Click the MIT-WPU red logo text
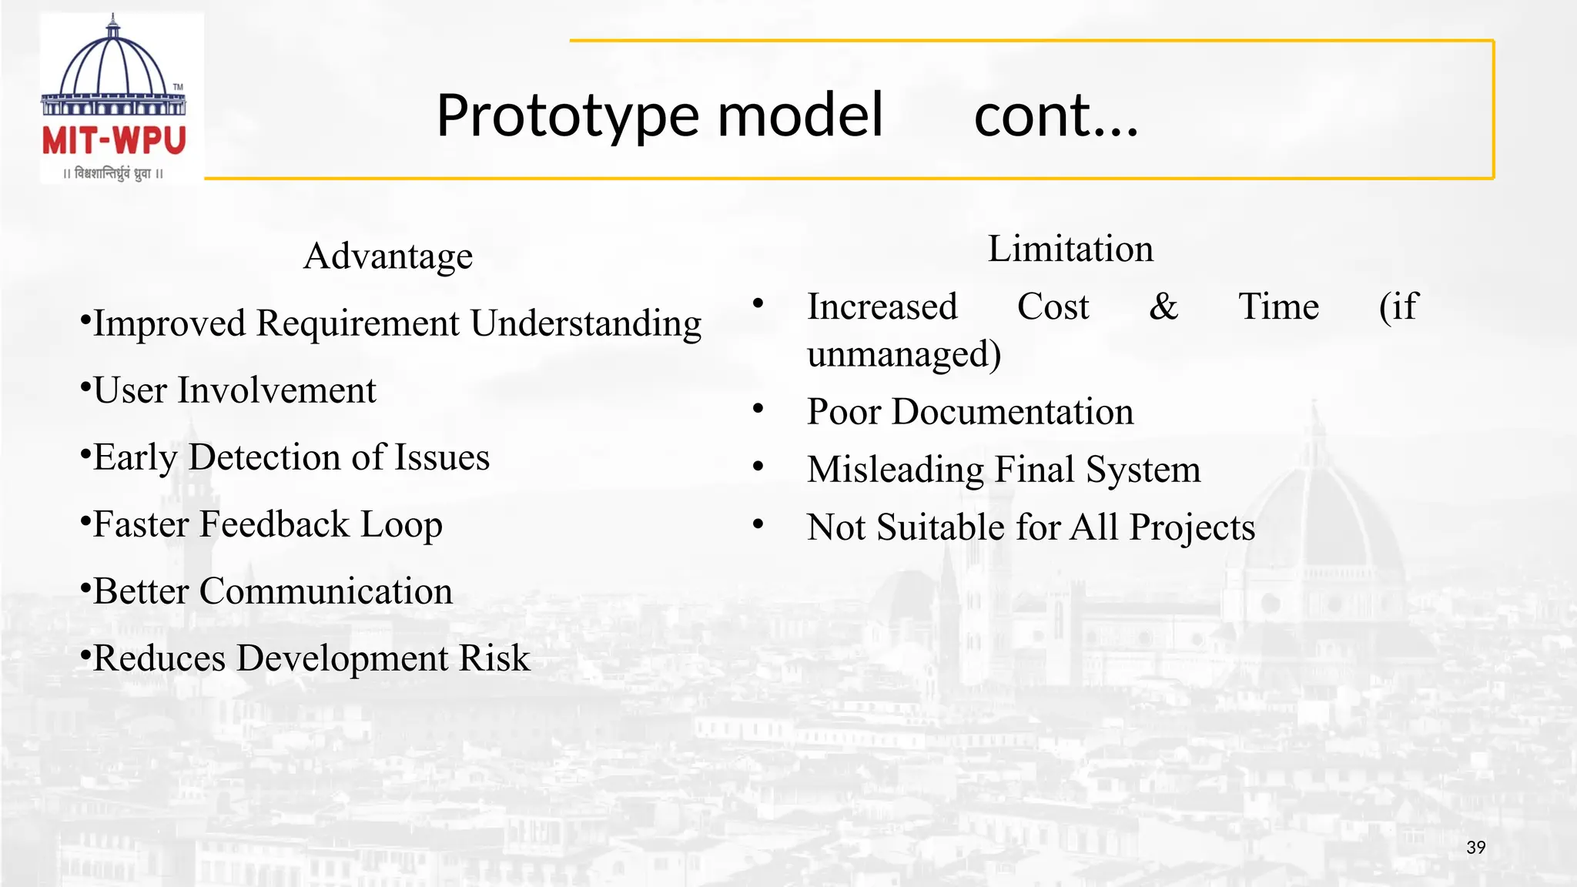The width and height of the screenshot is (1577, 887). [114, 141]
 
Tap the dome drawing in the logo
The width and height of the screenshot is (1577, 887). [114, 65]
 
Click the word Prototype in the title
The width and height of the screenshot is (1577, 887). [567, 115]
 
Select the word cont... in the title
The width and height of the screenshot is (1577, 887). [1056, 115]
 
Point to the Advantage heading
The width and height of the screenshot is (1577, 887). [388, 256]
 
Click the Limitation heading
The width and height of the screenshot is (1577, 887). [1070, 249]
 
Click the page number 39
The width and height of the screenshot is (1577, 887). [1475, 848]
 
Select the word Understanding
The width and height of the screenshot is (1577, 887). [586, 323]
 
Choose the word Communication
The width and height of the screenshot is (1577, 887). [326, 591]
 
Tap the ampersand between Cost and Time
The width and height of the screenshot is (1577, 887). [1163, 306]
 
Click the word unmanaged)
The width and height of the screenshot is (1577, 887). [904, 354]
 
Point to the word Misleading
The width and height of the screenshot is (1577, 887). [896, 470]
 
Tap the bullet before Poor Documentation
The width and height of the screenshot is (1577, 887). [758, 408]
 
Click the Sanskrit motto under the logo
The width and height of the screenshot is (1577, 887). [114, 173]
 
